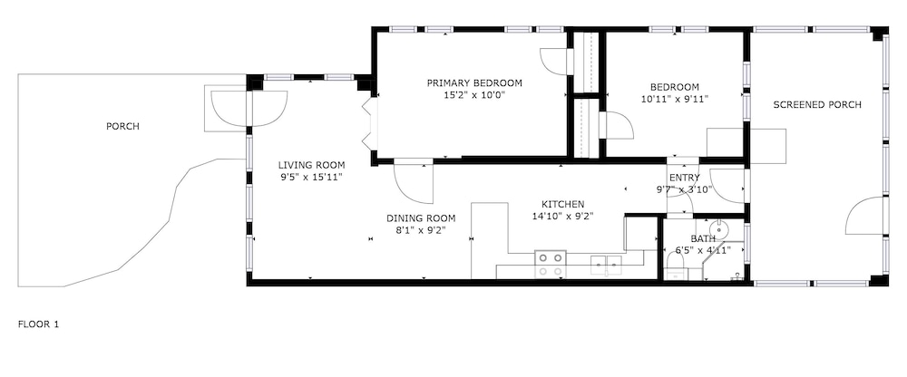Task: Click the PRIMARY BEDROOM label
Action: point(474,83)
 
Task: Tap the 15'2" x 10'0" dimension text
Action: point(474,95)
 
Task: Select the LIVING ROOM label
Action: point(311,165)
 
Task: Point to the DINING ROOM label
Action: point(421,218)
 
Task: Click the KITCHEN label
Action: point(563,204)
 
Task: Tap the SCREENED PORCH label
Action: point(817,104)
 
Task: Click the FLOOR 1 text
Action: point(38,324)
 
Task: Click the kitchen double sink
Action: point(606,265)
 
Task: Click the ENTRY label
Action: point(684,178)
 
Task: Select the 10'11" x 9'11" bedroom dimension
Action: point(675,98)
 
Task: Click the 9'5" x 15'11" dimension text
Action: point(311,177)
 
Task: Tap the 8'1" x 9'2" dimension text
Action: point(421,230)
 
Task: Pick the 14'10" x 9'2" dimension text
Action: point(563,217)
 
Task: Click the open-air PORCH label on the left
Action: point(122,127)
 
